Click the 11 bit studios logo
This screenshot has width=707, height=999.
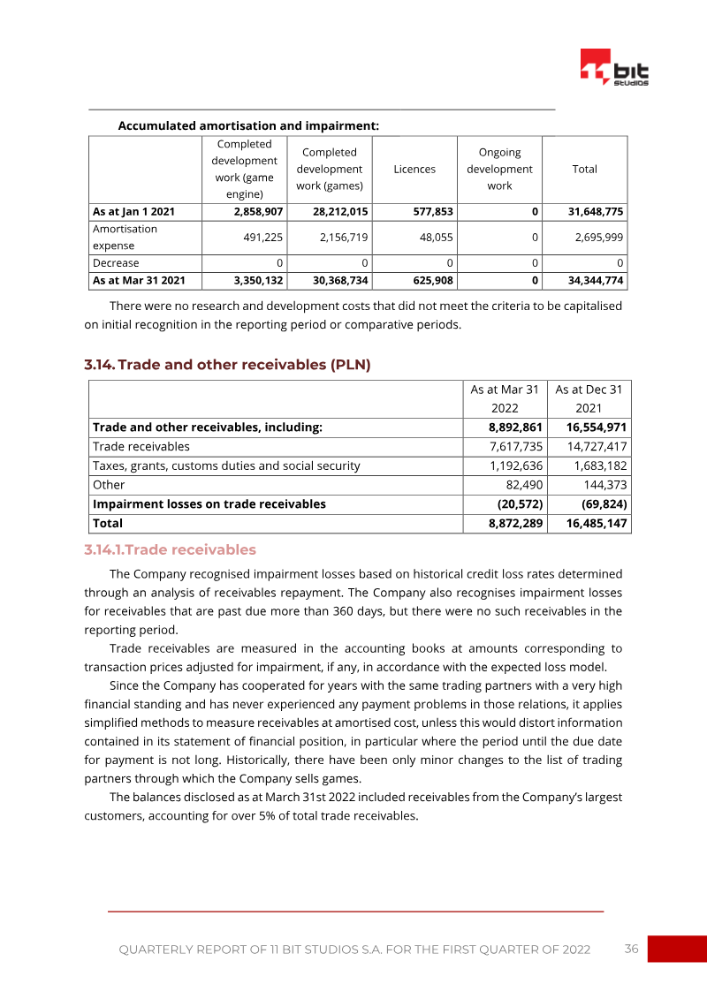point(614,68)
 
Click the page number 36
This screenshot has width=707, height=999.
point(631,949)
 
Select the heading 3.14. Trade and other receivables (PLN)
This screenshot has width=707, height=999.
point(227,364)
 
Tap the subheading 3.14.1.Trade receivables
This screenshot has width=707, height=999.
point(170,549)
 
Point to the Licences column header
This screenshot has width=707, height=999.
point(414,169)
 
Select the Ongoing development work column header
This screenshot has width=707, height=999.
point(499,169)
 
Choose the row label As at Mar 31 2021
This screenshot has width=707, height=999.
point(140,281)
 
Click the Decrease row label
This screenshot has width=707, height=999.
point(116,263)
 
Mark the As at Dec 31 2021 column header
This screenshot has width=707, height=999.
point(589,398)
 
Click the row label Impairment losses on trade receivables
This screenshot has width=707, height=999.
point(209,504)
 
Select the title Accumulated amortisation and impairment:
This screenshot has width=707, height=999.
point(248,126)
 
